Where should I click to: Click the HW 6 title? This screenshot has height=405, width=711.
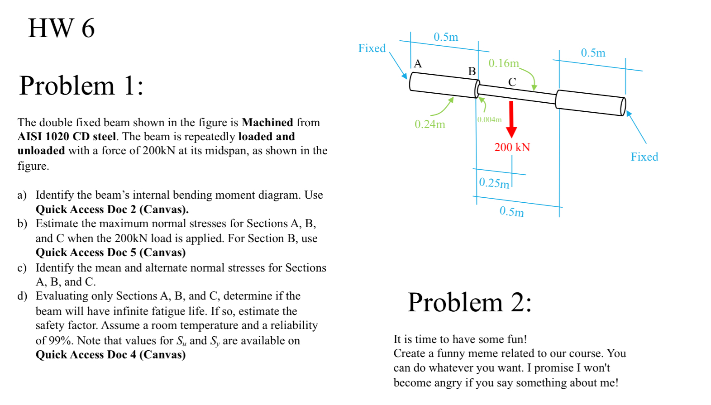(x=61, y=28)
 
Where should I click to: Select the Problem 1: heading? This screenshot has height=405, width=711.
(x=81, y=86)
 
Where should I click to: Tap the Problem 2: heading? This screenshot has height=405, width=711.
(x=469, y=302)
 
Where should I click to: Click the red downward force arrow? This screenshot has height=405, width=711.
(x=511, y=119)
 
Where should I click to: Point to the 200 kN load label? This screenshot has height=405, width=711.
(x=512, y=148)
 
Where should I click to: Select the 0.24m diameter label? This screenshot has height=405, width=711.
(x=429, y=124)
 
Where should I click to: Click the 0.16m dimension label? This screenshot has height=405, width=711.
(x=503, y=63)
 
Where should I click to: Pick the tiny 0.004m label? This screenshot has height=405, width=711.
(x=489, y=119)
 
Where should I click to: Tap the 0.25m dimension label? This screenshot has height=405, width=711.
(x=494, y=183)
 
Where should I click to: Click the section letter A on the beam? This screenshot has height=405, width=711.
(x=418, y=64)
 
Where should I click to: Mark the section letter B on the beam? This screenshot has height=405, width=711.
(x=472, y=71)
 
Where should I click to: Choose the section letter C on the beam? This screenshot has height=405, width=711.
(x=512, y=82)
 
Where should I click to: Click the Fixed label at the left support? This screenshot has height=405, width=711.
(x=372, y=48)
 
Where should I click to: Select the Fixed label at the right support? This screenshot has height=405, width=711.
(x=644, y=157)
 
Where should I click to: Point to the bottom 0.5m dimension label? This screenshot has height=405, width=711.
(x=511, y=211)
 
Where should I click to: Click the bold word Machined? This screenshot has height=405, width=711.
(x=267, y=123)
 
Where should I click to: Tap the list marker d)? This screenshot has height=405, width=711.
(x=22, y=296)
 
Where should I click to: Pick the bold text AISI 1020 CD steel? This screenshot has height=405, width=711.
(x=67, y=137)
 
